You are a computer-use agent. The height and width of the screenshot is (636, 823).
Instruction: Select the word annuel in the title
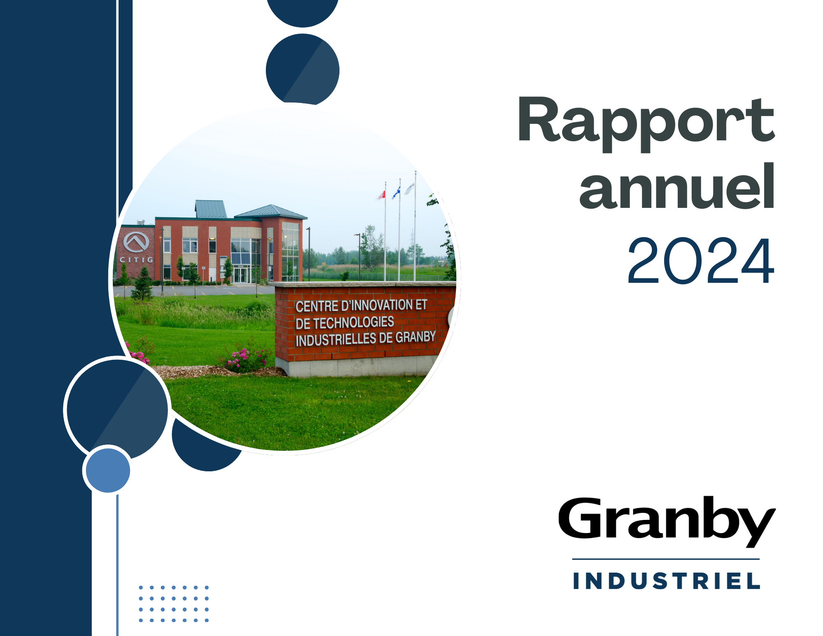coord(677,186)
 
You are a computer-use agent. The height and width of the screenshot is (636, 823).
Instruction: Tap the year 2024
coord(701,261)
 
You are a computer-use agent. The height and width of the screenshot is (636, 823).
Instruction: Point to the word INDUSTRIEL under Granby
coord(666,581)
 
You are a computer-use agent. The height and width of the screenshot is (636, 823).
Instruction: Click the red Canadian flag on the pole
coord(382,195)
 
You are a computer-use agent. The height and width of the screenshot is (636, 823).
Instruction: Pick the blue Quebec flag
coord(396,192)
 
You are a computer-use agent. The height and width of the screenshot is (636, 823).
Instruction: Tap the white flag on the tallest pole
coord(409,189)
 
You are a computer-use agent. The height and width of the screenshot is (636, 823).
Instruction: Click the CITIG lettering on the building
coord(136,260)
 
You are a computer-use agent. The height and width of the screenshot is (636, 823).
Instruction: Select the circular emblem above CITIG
coord(136,242)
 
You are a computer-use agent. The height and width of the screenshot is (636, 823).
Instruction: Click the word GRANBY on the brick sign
coord(416,337)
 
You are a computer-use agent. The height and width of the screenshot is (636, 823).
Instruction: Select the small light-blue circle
coord(108,470)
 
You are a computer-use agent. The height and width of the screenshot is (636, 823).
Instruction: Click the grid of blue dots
coord(174,604)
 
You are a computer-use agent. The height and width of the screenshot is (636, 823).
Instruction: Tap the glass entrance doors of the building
coord(240,275)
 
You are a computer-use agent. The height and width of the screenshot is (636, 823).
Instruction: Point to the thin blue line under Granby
coord(666,559)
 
